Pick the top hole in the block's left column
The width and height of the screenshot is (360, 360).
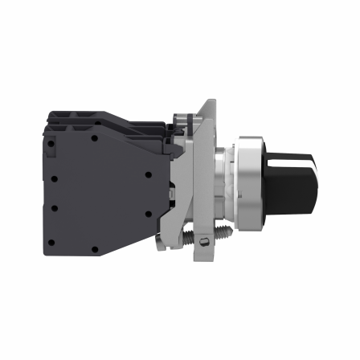point(51,145)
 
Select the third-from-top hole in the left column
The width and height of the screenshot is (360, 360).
point(51,207)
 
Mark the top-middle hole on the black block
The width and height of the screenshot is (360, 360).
point(94,138)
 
